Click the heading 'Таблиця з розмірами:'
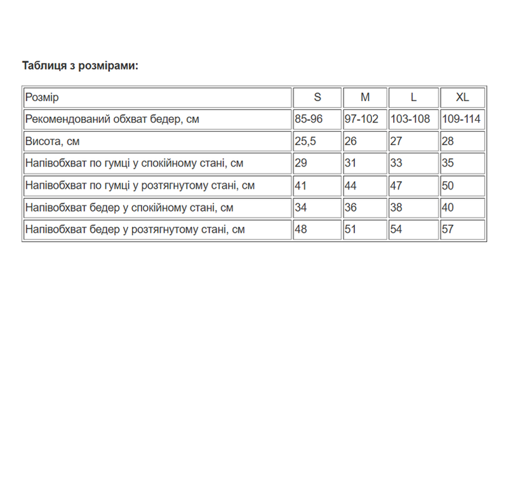[80, 65]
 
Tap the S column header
[317, 97]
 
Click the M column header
[365, 97]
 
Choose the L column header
[413, 97]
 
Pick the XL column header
[462, 97]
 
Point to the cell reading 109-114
[462, 119]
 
